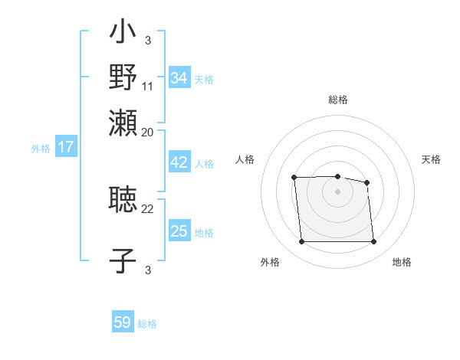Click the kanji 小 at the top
(x=123, y=32)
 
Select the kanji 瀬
(x=123, y=123)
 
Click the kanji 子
(x=123, y=260)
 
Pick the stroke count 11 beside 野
(x=148, y=86)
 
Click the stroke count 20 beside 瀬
(x=148, y=132)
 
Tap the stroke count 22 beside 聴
(x=148, y=208)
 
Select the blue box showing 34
(x=179, y=78)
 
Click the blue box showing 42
(x=179, y=163)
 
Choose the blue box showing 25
(x=179, y=231)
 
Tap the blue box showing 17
(x=65, y=148)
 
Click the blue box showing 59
(x=123, y=322)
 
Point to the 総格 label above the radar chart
(x=338, y=100)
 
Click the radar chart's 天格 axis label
(x=432, y=159)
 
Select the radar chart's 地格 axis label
(x=402, y=262)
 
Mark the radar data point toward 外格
(x=301, y=242)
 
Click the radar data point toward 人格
(x=294, y=178)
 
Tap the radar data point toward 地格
(x=373, y=242)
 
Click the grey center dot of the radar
(x=337, y=191)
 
